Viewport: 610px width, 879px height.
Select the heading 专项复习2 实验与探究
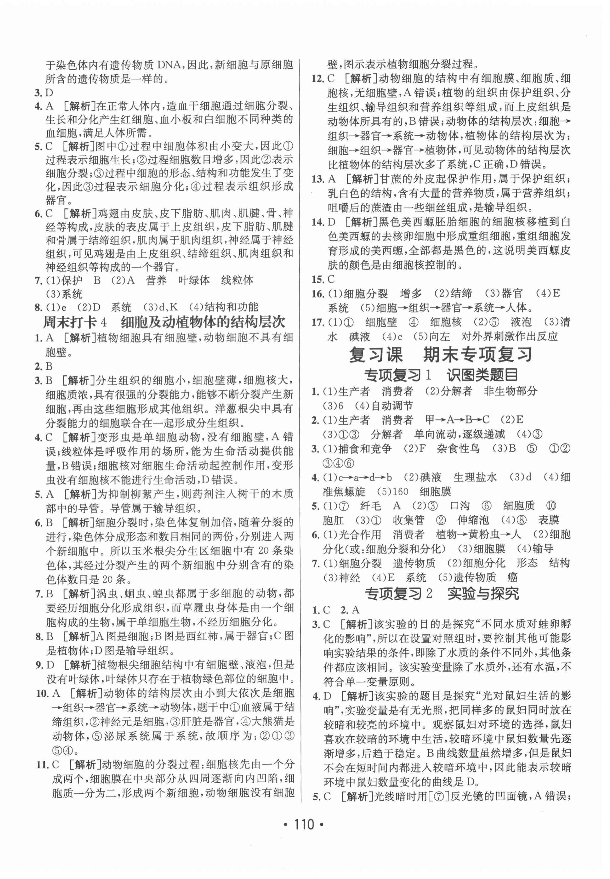pyautogui.click(x=442, y=593)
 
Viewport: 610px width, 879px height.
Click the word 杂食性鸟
pyautogui.click(x=458, y=449)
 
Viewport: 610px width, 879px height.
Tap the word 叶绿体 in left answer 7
pyautogui.click(x=194, y=280)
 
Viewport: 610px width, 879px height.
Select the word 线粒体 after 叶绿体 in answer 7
pyautogui.click(x=237, y=280)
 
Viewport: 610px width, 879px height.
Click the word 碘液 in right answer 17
pyautogui.click(x=360, y=337)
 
